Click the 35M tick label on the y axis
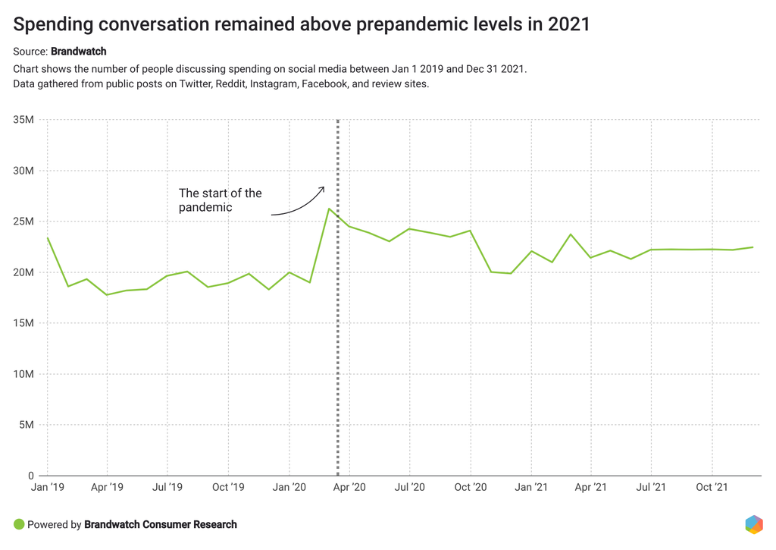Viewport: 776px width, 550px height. pyautogui.click(x=23, y=120)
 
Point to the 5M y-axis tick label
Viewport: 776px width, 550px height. pyautogui.click(x=26, y=425)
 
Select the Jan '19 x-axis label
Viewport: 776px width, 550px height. pyautogui.click(x=47, y=487)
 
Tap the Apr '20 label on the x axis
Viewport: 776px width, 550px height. pyautogui.click(x=349, y=487)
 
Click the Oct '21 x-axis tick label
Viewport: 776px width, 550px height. pyautogui.click(x=712, y=487)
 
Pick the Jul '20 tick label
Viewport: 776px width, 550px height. pyautogui.click(x=409, y=487)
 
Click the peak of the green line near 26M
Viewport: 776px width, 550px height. pyautogui.click(x=329, y=209)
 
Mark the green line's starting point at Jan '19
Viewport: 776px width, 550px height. pyautogui.click(x=48, y=238)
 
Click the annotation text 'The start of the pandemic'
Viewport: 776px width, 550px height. pyautogui.click(x=220, y=200)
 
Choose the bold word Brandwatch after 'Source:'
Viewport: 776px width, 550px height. pyautogui.click(x=79, y=52)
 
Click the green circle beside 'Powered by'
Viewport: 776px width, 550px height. pyautogui.click(x=19, y=524)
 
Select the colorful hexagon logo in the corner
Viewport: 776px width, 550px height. pyautogui.click(x=753, y=524)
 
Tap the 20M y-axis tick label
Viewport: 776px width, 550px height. pyautogui.click(x=23, y=272)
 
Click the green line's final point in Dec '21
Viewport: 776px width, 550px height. pyautogui.click(x=753, y=247)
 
